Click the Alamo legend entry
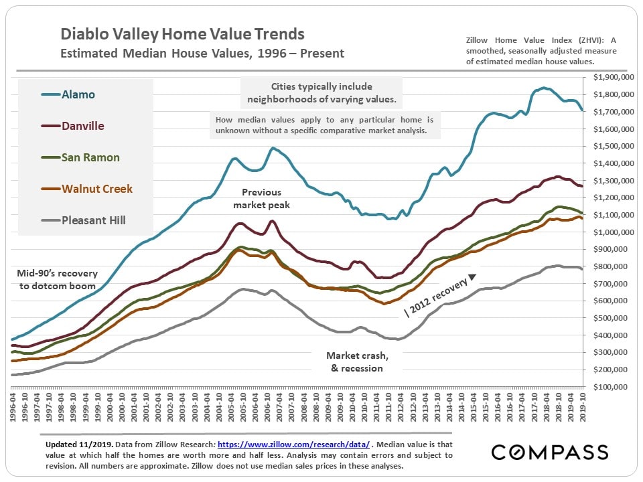[x=78, y=94]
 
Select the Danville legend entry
[x=82, y=126]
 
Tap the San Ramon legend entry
[x=90, y=157]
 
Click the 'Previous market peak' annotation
[x=261, y=199]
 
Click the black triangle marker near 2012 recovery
[x=472, y=276]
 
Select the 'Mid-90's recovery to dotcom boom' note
[x=58, y=279]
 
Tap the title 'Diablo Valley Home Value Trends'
[x=182, y=34]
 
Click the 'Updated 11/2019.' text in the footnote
[x=74, y=445]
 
